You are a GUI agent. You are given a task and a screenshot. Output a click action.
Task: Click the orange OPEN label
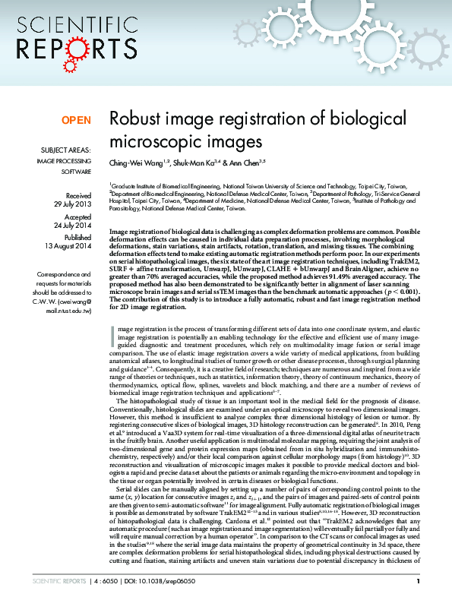(75, 120)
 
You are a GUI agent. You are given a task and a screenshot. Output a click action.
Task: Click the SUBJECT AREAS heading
(67, 150)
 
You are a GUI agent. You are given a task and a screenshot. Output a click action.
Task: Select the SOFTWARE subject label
(76, 172)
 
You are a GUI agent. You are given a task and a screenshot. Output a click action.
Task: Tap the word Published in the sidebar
(77, 237)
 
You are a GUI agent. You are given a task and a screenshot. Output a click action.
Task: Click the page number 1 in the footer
(419, 581)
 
